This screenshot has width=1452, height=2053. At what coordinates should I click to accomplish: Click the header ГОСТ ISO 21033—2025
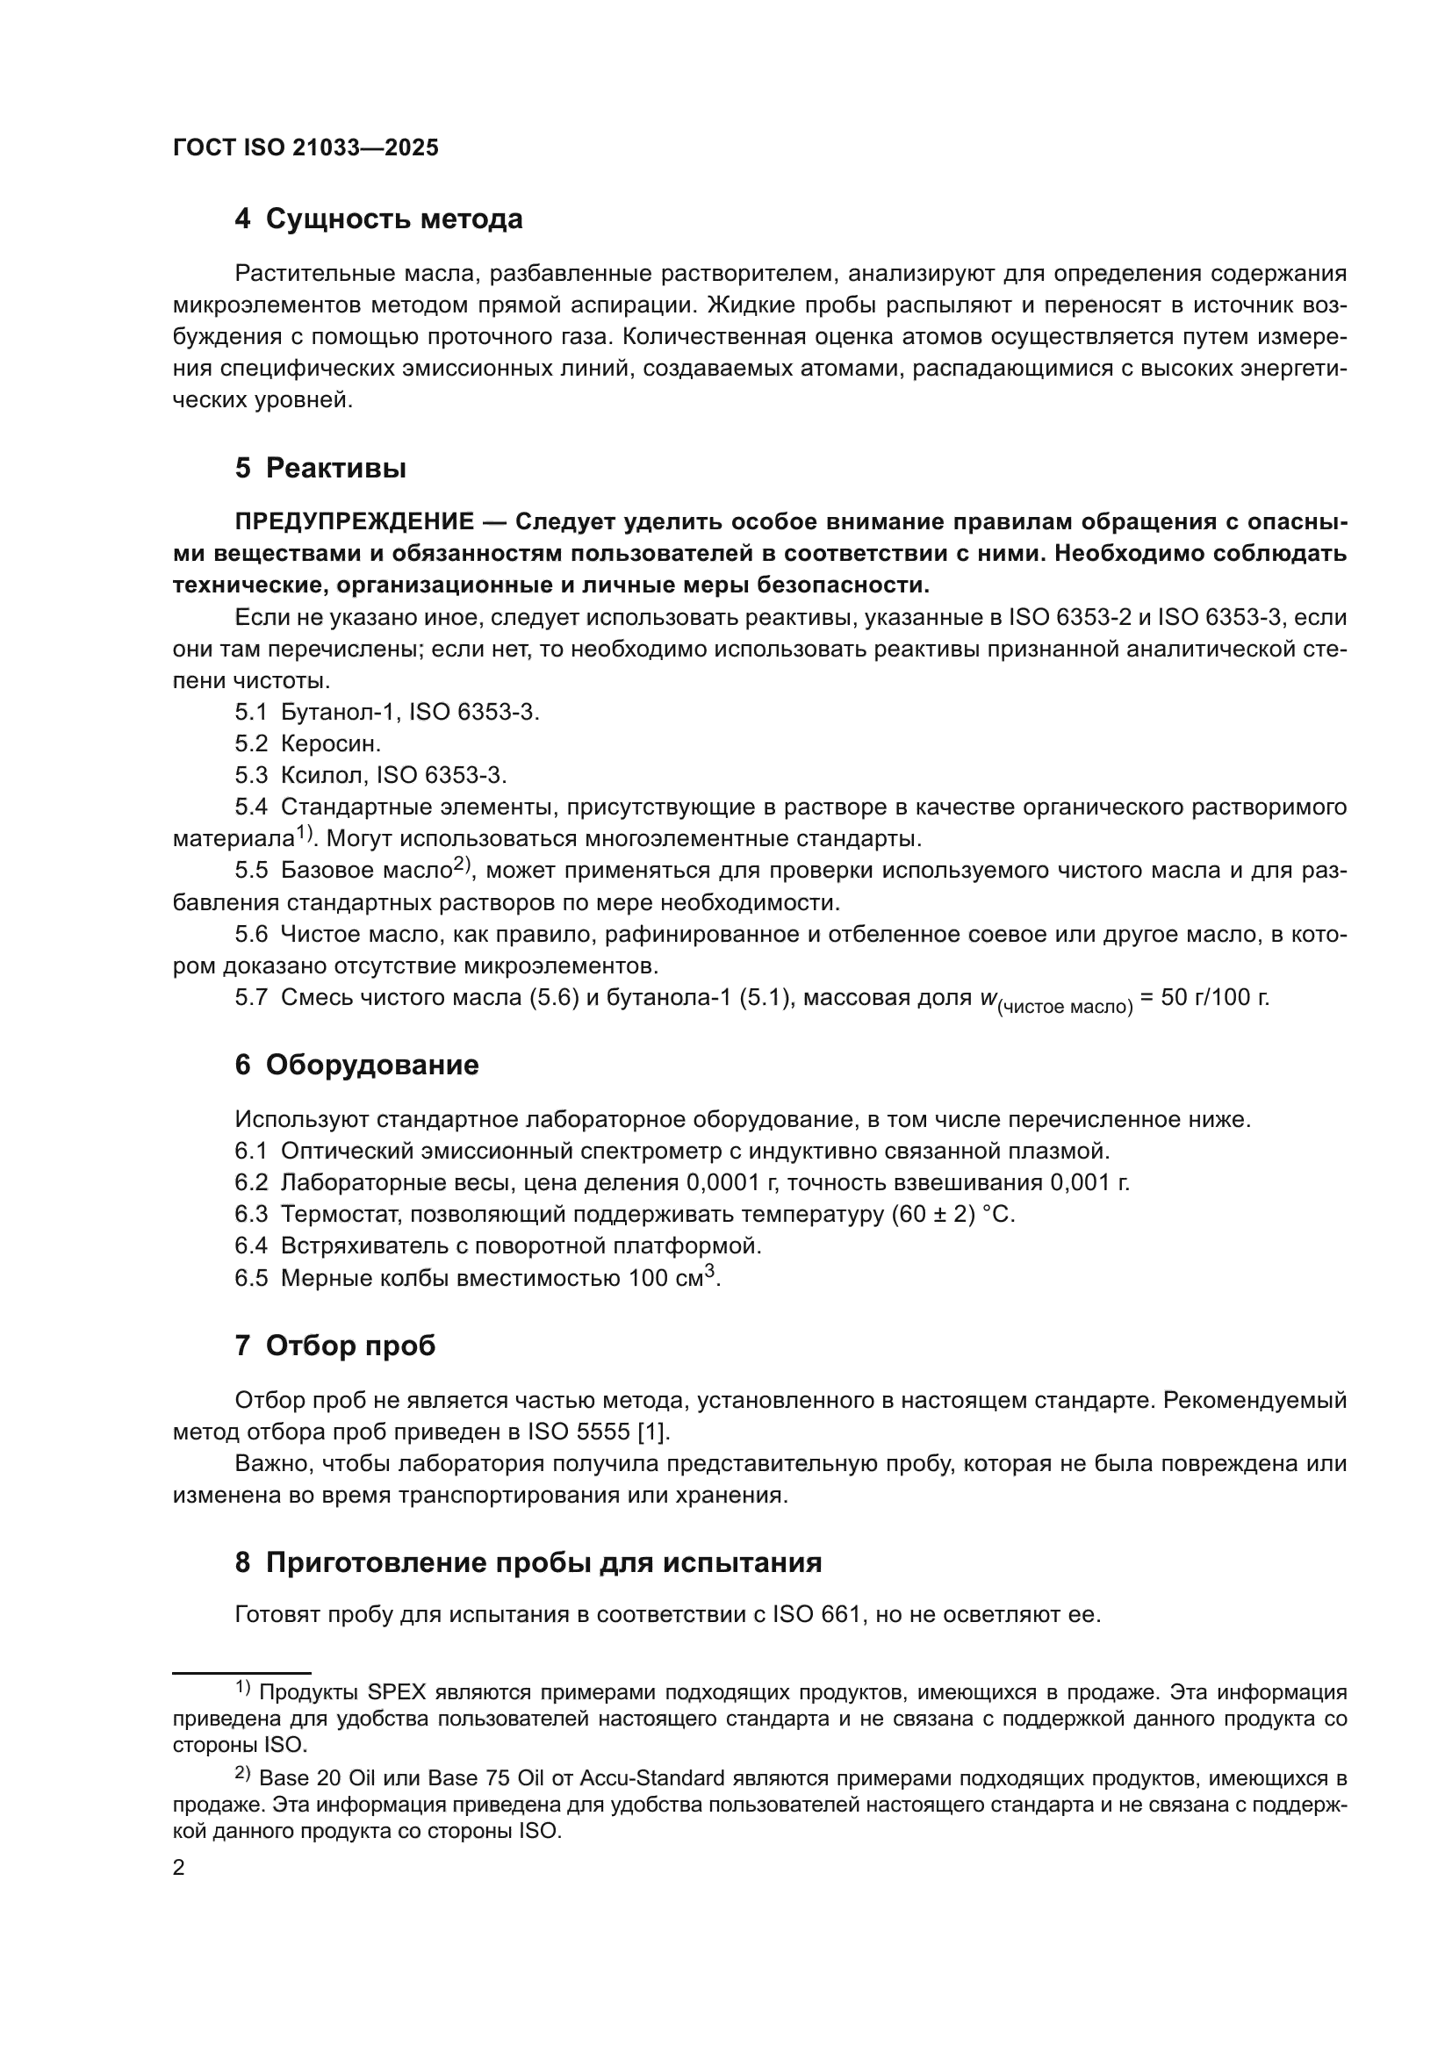click(x=305, y=148)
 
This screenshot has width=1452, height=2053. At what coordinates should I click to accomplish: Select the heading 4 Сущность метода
click(x=378, y=219)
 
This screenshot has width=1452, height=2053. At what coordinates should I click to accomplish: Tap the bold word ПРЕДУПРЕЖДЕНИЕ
click(x=354, y=522)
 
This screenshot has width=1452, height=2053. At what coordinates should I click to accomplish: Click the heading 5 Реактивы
click(x=320, y=468)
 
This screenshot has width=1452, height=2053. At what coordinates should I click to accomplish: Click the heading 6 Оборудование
click(x=356, y=1065)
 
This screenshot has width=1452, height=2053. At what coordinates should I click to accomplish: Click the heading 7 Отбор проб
click(x=335, y=1346)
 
